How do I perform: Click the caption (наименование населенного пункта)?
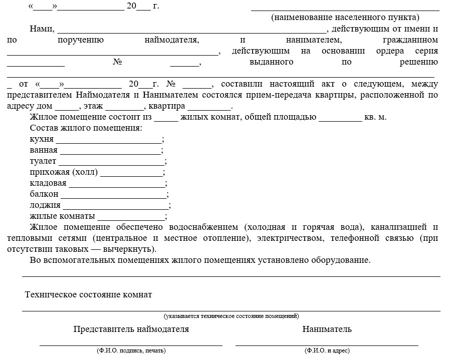345,18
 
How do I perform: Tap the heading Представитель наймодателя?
131,329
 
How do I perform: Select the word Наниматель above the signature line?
327,329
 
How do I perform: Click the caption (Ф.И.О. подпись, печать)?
131,351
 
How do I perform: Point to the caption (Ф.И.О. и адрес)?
327,351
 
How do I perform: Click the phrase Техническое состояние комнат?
88,294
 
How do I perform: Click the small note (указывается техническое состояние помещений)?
231,316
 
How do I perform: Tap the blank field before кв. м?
340,118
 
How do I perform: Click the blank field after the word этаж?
124,107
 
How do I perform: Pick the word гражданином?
409,40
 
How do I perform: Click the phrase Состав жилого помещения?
86,129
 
